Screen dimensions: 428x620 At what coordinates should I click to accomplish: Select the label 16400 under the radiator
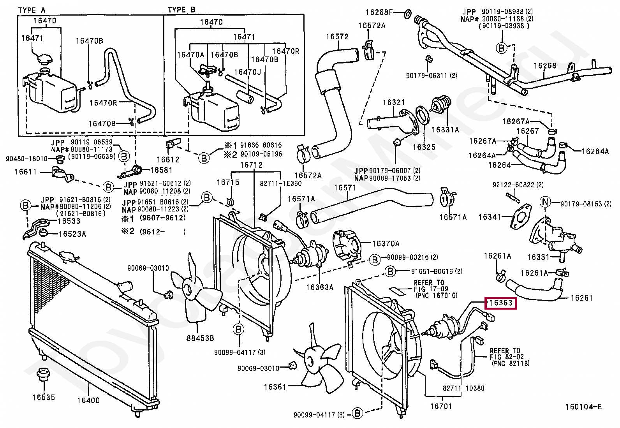[x=88, y=400]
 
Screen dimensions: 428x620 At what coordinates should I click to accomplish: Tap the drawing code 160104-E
[x=583, y=407]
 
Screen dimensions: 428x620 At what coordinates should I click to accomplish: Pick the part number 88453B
[x=201, y=338]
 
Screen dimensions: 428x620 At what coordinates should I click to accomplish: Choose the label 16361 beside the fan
[x=275, y=387]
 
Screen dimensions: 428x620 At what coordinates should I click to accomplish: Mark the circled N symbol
[x=546, y=202]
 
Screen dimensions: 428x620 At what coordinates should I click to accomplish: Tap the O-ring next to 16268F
[x=406, y=14]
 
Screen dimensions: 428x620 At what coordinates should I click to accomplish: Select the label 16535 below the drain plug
[x=44, y=398]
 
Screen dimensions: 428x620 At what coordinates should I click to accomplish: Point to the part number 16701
[x=441, y=406]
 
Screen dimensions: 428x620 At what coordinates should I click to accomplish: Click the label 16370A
[x=386, y=244]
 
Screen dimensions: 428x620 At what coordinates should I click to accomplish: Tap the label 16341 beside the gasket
[x=490, y=217]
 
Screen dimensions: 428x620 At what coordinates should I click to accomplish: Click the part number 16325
[x=424, y=147]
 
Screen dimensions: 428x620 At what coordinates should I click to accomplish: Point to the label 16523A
[x=72, y=234]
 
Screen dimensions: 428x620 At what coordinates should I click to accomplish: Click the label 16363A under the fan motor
[x=320, y=287]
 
